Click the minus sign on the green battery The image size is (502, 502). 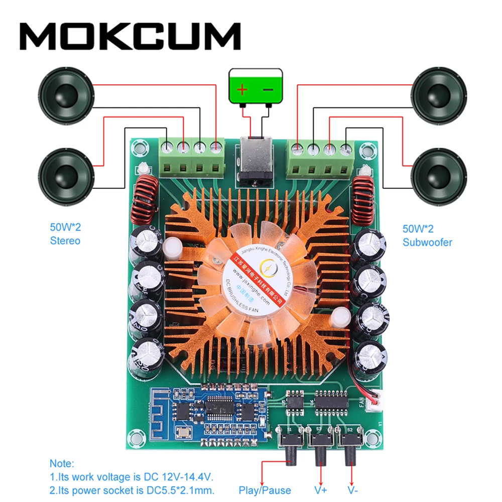(x=268, y=90)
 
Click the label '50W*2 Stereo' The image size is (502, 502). (x=65, y=234)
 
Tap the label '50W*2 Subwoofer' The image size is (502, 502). (x=427, y=235)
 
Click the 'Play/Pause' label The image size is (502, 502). (x=265, y=490)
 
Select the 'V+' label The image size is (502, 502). (x=321, y=490)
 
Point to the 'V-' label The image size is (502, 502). (x=353, y=490)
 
